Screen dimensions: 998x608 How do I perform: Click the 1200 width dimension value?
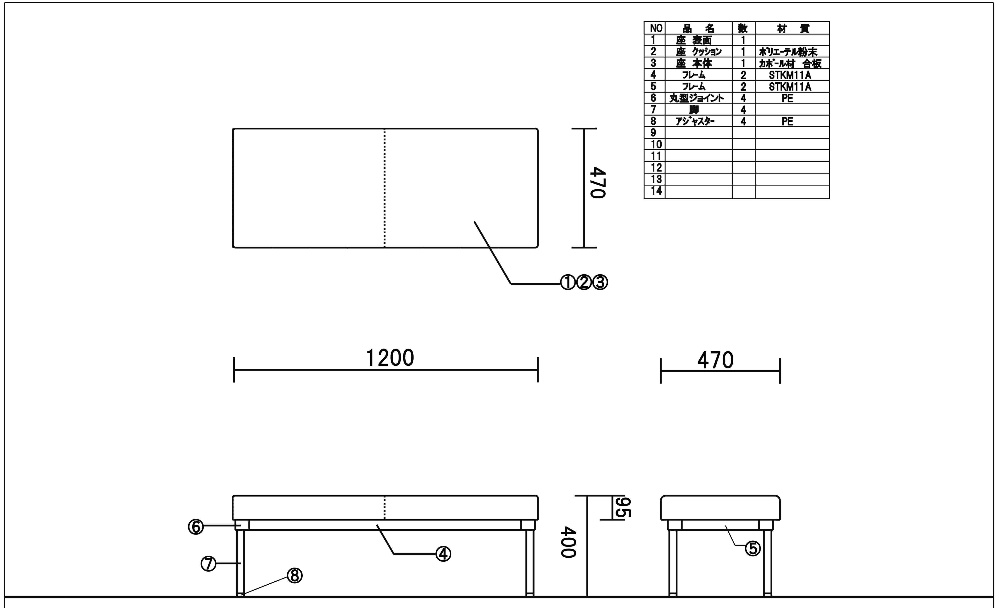tap(390, 358)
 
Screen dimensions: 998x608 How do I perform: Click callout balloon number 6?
tap(196, 527)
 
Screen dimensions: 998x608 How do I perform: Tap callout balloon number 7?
tap(209, 563)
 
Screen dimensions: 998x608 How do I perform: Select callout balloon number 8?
tap(294, 576)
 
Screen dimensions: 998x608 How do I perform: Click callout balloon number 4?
tap(443, 554)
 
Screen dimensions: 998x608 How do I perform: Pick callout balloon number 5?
tap(753, 548)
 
